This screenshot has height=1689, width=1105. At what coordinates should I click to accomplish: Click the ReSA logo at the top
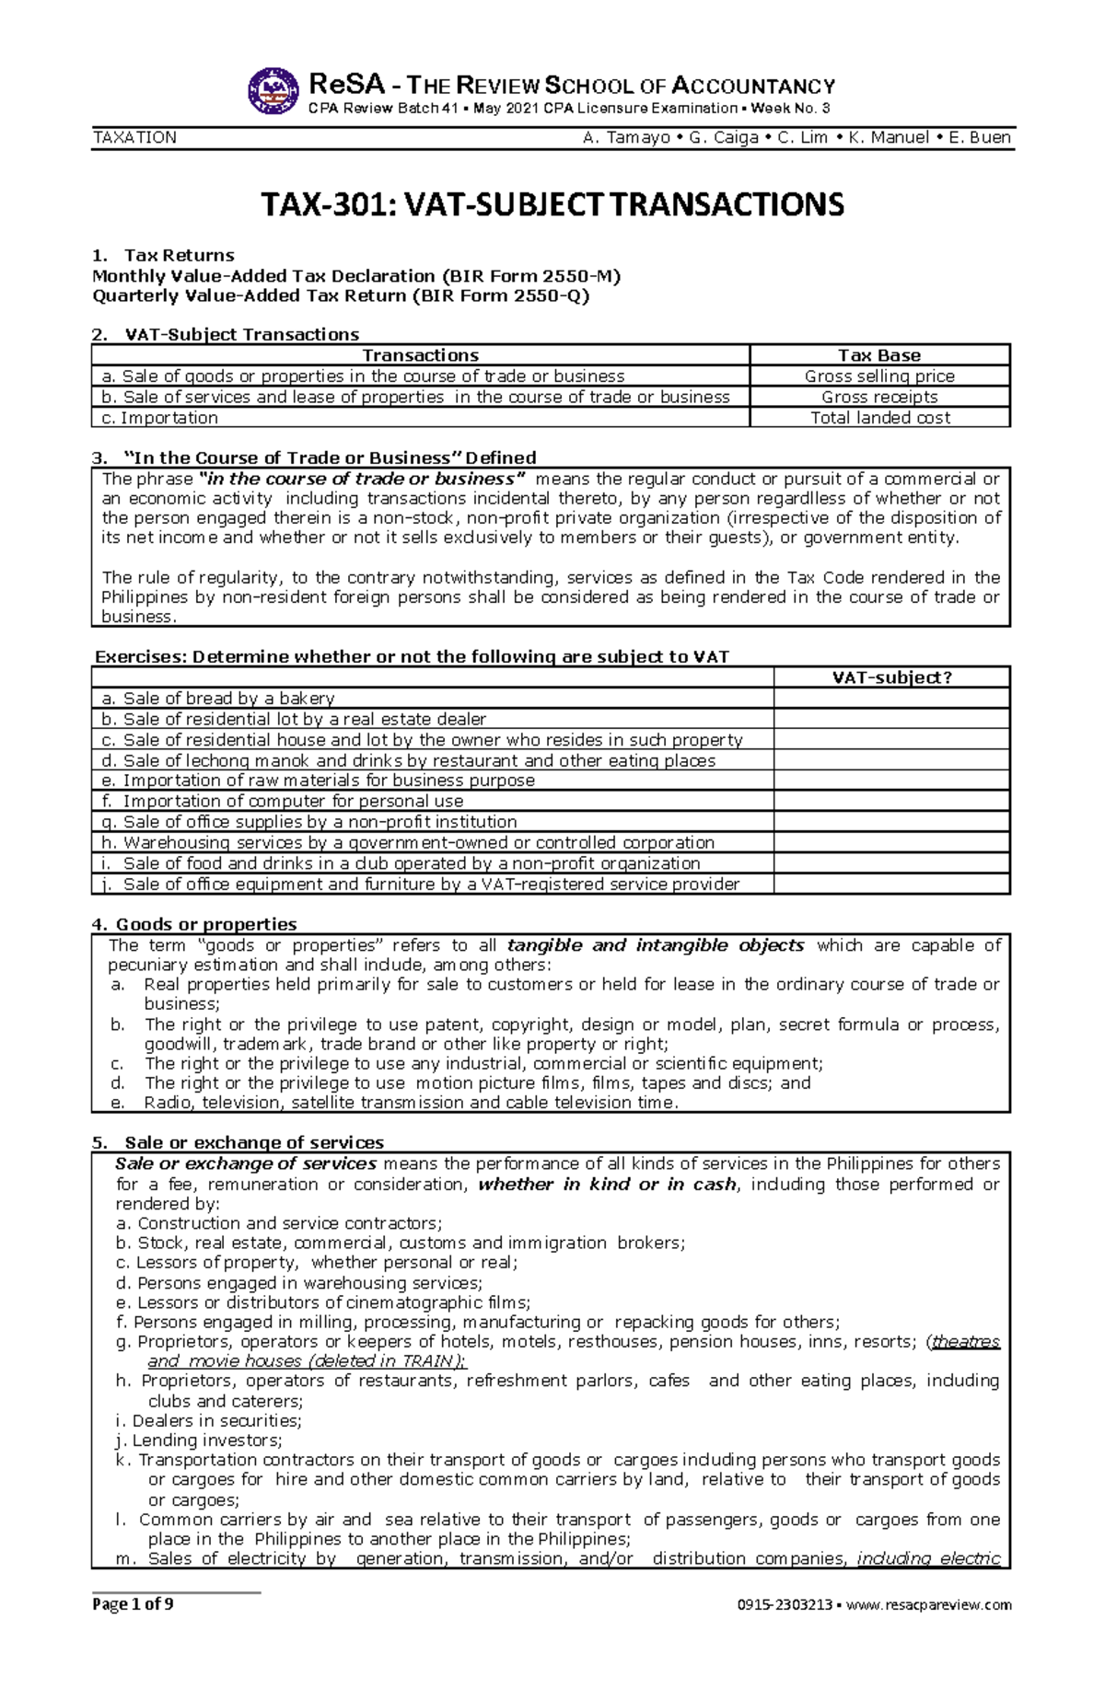click(x=273, y=91)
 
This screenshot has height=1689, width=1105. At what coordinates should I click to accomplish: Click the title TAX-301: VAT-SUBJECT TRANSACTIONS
click(x=552, y=203)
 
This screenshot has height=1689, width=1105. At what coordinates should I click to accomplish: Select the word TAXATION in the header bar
click(x=134, y=137)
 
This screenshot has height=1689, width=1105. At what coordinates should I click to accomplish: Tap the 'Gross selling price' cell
click(x=879, y=376)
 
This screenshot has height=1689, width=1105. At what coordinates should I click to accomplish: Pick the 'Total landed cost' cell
click(x=879, y=417)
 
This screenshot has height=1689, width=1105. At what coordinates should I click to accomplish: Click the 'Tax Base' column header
click(x=879, y=355)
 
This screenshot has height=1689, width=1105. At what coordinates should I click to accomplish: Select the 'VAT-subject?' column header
click(x=891, y=677)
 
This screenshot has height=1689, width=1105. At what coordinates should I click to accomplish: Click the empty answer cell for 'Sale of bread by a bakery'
click(x=891, y=699)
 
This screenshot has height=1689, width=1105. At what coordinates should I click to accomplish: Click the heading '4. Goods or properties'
click(x=194, y=924)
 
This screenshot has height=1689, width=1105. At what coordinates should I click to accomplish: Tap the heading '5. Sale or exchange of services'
click(x=238, y=1142)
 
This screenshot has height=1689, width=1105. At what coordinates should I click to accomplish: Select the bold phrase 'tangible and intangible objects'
click(x=656, y=945)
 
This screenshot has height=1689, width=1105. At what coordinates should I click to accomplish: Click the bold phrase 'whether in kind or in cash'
click(x=607, y=1185)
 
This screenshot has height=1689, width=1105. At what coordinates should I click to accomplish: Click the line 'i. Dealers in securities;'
click(x=208, y=1420)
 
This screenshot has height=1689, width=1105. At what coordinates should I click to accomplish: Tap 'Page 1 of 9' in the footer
click(x=133, y=1604)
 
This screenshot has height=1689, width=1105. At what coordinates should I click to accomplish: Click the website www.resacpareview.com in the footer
click(x=928, y=1605)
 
